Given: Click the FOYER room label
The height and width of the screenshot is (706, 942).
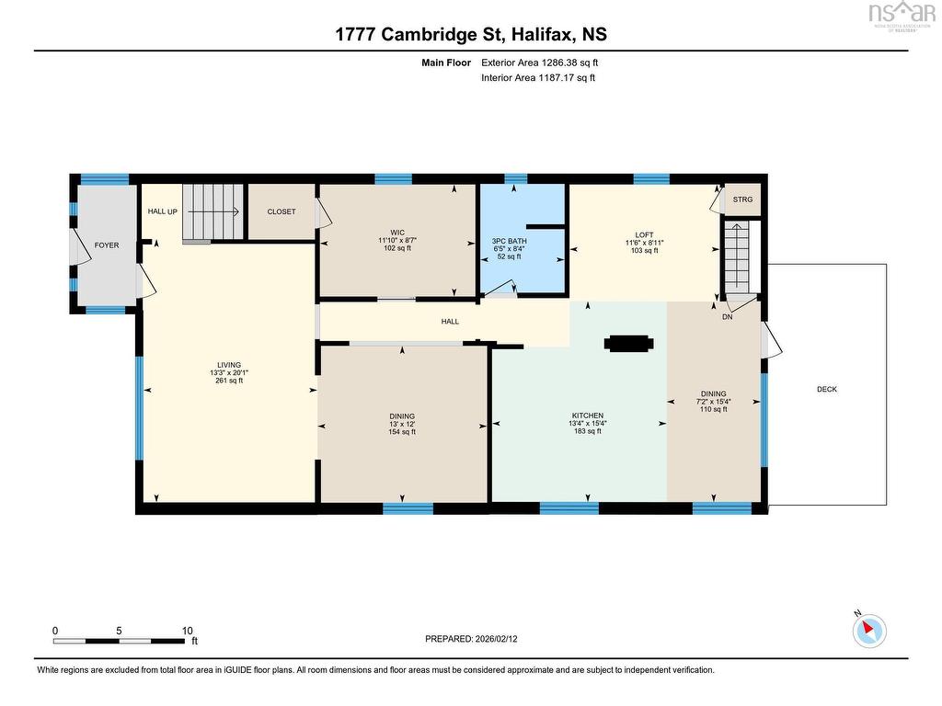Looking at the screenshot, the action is click(107, 245).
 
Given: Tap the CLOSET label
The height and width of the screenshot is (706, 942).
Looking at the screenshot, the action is click(281, 211).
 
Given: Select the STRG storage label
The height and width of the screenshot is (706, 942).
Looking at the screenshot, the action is click(742, 199).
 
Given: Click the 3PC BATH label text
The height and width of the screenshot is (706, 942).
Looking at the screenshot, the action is click(509, 241).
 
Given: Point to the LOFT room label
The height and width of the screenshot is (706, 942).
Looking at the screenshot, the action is click(644, 234).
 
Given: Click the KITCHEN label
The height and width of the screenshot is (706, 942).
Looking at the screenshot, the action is click(588, 416).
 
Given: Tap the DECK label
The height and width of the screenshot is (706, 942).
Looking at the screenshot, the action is click(827, 389).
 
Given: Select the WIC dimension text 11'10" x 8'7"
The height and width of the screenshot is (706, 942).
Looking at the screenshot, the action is click(397, 240).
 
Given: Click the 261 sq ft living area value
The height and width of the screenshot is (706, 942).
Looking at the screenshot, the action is click(229, 380).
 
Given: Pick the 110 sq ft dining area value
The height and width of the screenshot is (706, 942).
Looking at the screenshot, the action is click(713, 409).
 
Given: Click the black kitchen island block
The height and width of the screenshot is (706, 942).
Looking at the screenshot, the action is click(628, 344).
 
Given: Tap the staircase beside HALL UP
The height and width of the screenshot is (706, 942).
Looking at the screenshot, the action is click(213, 212).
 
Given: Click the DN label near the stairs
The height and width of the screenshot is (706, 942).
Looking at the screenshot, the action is click(728, 316).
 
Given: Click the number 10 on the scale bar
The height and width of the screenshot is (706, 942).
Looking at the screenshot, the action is click(188, 631).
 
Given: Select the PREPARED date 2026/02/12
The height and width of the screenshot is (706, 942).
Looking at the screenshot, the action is click(496, 639).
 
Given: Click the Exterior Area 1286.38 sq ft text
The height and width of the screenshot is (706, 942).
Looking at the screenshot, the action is click(539, 63).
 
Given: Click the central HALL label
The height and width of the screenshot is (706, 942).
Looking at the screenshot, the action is click(450, 321).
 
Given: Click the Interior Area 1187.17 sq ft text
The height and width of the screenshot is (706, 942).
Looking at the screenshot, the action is click(538, 77).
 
